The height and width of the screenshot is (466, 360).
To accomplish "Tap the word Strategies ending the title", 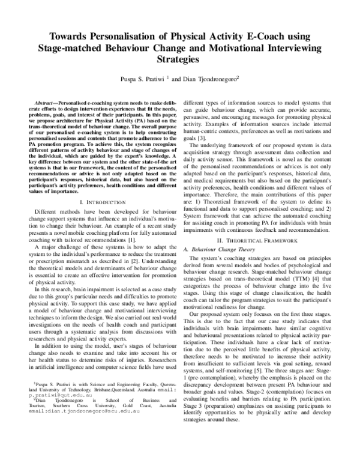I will click(x=181, y=60).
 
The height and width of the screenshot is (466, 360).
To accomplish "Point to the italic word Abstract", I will click(x=48, y=104).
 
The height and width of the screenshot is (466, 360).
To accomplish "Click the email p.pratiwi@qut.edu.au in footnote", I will click(x=48, y=421).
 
